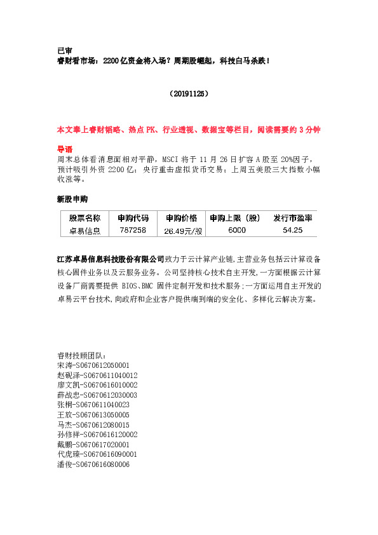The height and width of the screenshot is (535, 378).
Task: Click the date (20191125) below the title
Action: [x=189, y=93]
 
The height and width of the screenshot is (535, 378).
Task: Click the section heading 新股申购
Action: [x=72, y=200]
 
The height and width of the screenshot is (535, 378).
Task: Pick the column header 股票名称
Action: [x=84, y=218]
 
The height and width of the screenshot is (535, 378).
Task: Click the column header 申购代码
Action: [x=132, y=218]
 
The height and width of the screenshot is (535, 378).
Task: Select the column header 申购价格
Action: [x=181, y=218]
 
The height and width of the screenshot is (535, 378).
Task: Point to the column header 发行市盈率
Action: [x=293, y=218]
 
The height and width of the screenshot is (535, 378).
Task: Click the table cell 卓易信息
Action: [x=84, y=231]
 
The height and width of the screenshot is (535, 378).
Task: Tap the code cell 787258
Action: [x=132, y=231]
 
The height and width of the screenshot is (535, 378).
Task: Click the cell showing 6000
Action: [x=236, y=231]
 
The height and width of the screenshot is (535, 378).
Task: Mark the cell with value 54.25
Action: [x=293, y=231]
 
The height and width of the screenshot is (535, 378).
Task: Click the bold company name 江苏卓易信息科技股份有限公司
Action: [x=111, y=259]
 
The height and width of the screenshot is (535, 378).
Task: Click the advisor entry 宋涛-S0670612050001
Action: [x=93, y=365]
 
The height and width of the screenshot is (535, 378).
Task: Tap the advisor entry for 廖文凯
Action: [x=97, y=385]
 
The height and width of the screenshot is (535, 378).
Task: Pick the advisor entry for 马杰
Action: [x=93, y=424]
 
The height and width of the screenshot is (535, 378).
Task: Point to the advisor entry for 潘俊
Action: [x=93, y=464]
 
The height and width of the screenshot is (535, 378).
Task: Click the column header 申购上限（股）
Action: [x=235, y=218]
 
